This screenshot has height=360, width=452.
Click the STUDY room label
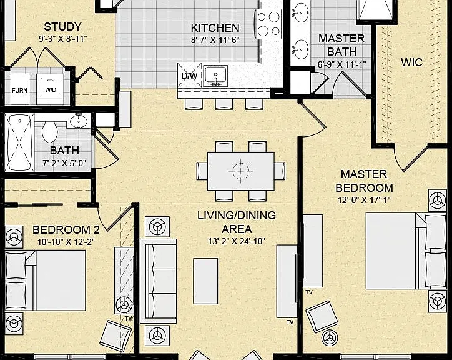pos(62,27)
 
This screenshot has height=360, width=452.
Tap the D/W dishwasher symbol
pos(189,76)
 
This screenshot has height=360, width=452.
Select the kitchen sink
pos(215,76)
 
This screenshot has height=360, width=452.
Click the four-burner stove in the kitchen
pos(268,24)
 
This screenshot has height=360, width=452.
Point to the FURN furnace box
pos(19,89)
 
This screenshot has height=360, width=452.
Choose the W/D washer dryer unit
pos(51,89)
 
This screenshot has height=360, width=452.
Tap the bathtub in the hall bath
pos(19,142)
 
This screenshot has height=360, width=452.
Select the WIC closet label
pos(411,62)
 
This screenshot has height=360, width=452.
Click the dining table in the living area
pos(241,171)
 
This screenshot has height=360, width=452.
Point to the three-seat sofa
pos(158,281)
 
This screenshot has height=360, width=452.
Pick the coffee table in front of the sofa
pos(205,281)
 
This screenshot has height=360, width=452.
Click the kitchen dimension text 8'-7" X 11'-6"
pos(215,40)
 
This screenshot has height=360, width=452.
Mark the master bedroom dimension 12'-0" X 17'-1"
pos(364,200)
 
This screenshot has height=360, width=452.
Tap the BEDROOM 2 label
pos(66,230)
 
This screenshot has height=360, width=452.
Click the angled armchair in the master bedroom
pos(322,317)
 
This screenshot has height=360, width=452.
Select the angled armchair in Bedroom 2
pos(115,336)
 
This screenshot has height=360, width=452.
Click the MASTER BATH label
pos(341,45)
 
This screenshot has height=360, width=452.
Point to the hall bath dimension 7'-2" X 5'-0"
pos(64,163)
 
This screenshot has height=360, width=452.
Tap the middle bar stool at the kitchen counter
pos(224,104)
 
